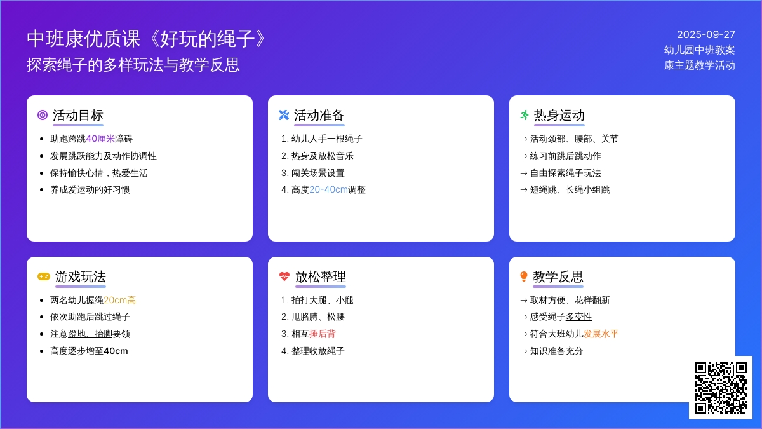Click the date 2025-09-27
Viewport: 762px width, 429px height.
[x=706, y=34]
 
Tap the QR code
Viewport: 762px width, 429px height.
[x=721, y=388]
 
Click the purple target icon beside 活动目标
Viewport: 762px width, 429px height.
[x=43, y=115]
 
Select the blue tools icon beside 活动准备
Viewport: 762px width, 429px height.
[x=284, y=115]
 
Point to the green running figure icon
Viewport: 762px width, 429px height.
[x=525, y=115]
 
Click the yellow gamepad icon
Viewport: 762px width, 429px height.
[x=44, y=276]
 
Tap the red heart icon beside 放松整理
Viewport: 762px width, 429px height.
[x=284, y=276]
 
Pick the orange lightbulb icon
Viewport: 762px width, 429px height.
[x=524, y=276]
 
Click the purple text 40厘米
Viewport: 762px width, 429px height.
[x=100, y=139]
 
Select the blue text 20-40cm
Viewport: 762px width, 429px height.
[x=329, y=189]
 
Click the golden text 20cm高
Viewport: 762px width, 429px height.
[x=120, y=300]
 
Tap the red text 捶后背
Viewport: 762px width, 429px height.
[x=323, y=334]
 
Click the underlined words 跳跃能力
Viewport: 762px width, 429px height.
[x=85, y=156]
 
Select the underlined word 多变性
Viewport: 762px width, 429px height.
[x=578, y=317]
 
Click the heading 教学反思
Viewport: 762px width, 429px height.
[x=558, y=277]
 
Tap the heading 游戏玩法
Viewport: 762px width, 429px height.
[x=81, y=277]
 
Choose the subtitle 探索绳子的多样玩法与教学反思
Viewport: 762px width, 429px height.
[x=133, y=65]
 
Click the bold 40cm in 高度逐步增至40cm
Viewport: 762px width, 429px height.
[x=116, y=351]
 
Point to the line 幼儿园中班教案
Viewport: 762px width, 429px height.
[x=699, y=50]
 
